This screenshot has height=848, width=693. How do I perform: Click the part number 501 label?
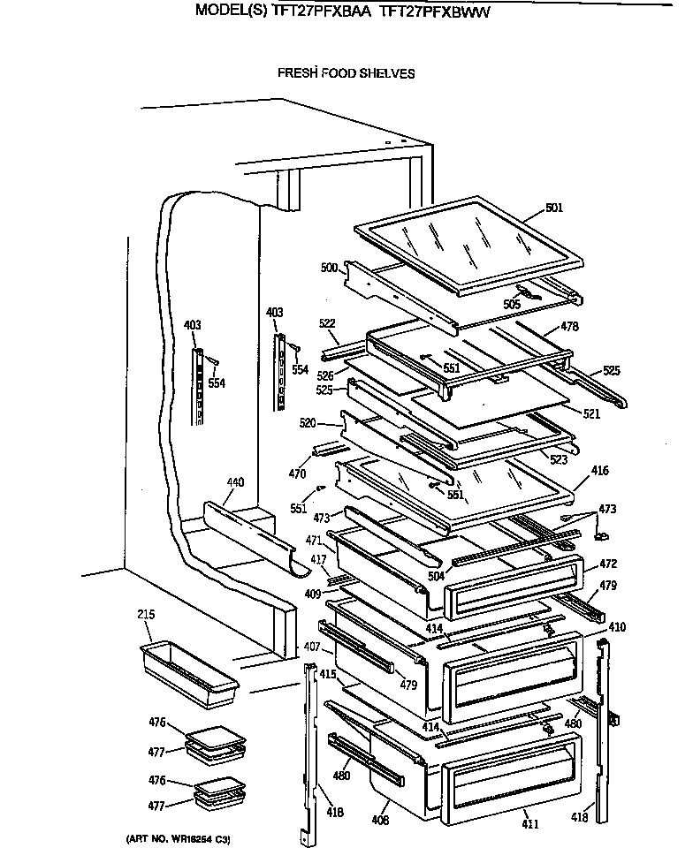554,208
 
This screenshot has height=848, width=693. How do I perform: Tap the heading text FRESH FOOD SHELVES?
346,73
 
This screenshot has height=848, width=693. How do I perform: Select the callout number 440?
235,482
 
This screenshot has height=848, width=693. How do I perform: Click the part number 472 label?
608,564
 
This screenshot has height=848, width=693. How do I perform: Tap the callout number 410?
617,627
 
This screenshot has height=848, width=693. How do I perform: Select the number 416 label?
600,472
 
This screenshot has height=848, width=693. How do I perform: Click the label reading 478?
570,326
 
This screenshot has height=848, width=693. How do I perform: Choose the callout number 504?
437,575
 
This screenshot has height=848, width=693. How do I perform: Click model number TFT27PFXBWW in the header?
435,12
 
